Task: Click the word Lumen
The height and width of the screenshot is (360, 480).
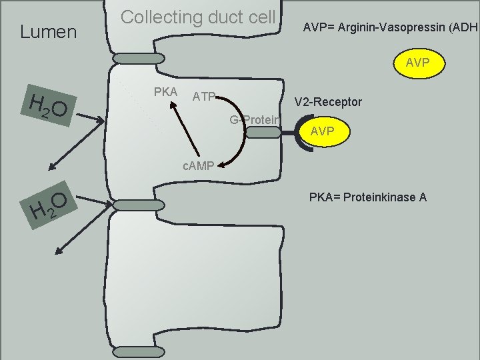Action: click(x=49, y=31)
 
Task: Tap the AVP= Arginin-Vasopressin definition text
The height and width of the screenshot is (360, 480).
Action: click(x=391, y=27)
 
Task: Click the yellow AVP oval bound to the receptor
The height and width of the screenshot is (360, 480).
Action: click(x=322, y=131)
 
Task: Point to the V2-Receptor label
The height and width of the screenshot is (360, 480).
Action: click(x=329, y=102)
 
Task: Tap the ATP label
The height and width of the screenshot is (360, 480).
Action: click(x=203, y=97)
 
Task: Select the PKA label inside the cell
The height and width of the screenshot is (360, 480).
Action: click(x=165, y=90)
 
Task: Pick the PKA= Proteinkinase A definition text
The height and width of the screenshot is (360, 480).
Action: click(x=367, y=197)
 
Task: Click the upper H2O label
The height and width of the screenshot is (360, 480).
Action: click(x=49, y=108)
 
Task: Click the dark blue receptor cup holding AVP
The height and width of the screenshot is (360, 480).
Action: click(x=295, y=133)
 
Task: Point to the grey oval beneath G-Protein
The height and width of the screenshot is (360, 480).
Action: click(x=265, y=132)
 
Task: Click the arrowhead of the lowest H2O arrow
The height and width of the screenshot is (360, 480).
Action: click(x=57, y=252)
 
